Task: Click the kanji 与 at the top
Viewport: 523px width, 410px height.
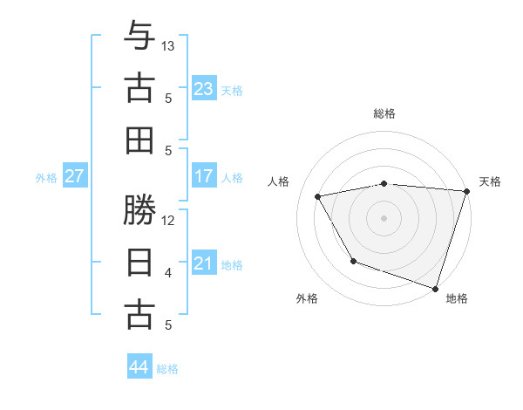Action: (139, 38)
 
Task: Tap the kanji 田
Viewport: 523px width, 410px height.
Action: (139, 140)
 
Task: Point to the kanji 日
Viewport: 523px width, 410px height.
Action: (139, 263)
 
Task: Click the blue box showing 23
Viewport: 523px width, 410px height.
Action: (203, 89)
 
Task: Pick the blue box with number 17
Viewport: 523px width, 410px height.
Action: (203, 176)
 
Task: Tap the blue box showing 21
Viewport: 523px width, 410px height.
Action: (203, 263)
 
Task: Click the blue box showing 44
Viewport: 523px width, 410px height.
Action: (139, 367)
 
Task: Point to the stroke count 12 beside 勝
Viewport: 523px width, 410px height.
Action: (168, 220)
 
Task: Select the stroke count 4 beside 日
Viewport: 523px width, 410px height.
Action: (168, 273)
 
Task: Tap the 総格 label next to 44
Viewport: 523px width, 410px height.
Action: (167, 369)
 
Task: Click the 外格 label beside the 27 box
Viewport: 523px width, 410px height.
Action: (46, 178)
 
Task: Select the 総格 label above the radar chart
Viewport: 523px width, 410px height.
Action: (384, 113)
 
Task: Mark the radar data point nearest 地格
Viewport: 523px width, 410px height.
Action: (435, 288)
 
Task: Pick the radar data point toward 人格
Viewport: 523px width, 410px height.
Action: (318, 196)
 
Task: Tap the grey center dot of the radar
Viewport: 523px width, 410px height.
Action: (384, 217)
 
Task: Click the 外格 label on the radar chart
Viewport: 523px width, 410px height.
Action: (307, 298)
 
